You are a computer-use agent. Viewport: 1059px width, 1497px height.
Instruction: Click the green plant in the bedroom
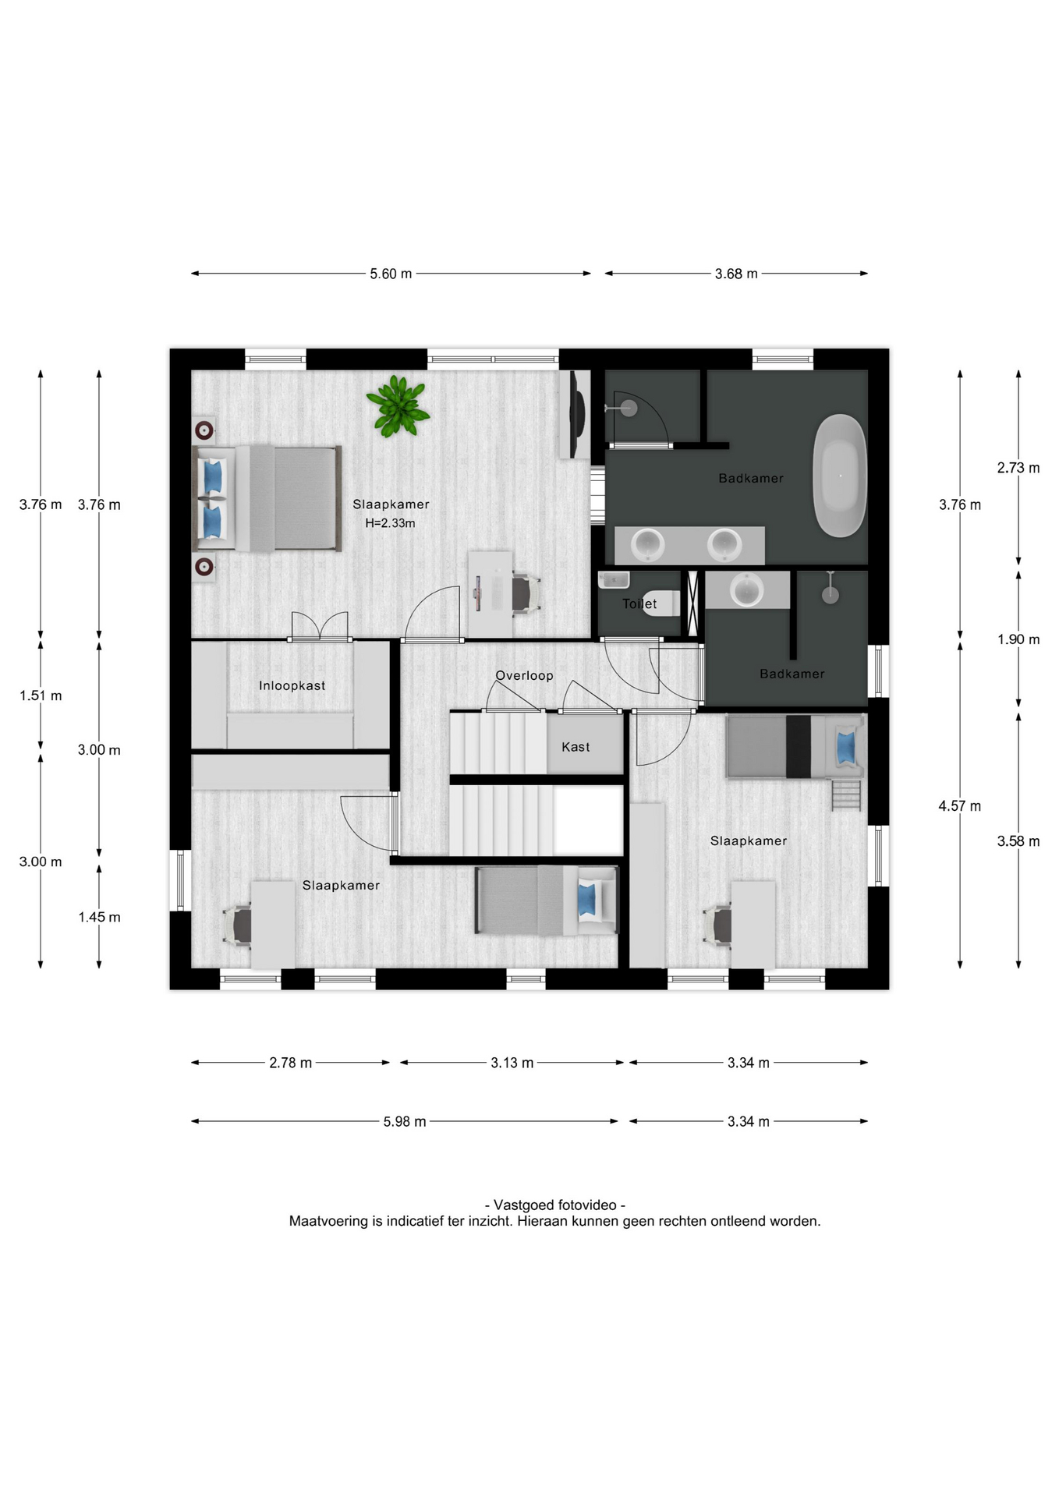point(398,406)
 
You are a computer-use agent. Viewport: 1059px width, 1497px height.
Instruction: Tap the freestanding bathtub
point(840,476)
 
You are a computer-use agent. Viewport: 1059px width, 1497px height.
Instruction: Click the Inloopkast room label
point(292,685)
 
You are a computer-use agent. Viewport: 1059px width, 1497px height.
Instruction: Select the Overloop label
point(524,675)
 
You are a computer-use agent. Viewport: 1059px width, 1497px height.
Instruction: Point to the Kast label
point(576,747)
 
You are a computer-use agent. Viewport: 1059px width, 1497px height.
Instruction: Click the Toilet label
point(639,603)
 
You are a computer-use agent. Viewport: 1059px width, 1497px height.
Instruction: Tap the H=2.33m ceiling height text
point(391,523)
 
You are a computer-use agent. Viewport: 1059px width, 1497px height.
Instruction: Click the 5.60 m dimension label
point(391,274)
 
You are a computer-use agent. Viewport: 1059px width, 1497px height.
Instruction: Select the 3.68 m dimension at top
point(736,274)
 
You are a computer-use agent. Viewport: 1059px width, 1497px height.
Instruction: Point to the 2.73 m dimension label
point(1018,468)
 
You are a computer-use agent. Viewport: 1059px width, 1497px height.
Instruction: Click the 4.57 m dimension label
point(960,806)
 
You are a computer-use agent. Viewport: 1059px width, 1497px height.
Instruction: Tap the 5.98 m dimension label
point(405,1121)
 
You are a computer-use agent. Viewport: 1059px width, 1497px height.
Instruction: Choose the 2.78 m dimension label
point(291,1063)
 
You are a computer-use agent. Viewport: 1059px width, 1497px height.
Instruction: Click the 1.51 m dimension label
point(41,695)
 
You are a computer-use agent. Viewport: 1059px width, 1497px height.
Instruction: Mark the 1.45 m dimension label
point(99,917)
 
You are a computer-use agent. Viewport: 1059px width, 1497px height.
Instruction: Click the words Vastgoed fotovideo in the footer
point(555,1205)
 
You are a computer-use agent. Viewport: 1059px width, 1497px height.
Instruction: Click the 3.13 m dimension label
point(512,1063)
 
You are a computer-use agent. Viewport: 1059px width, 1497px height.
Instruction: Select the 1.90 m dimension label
point(1018,639)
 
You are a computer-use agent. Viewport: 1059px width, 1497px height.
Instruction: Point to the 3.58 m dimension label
point(1018,841)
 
